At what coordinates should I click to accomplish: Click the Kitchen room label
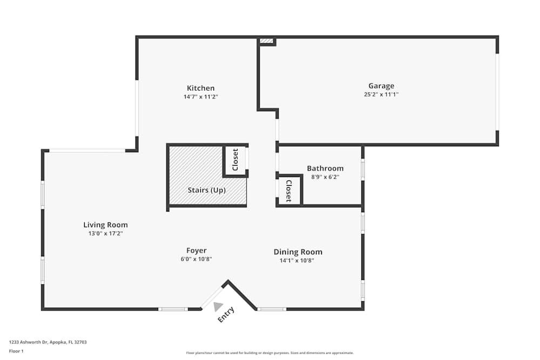pos(201,88)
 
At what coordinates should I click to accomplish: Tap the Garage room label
pos(381,85)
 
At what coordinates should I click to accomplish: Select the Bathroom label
pos(325,168)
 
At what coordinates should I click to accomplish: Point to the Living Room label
pos(105,225)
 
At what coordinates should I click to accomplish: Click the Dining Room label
pos(298,252)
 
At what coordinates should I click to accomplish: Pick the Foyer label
pos(197,250)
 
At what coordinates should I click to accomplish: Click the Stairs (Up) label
pos(207,190)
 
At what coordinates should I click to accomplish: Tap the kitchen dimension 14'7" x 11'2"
pos(201,97)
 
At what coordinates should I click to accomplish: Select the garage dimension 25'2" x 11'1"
pos(381,94)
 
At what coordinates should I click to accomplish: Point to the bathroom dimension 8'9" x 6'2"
pos(325,176)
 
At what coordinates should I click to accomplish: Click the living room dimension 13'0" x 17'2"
pos(105,233)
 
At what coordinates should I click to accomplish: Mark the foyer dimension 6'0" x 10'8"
pos(197,259)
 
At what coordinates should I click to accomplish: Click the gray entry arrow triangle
pos(218,307)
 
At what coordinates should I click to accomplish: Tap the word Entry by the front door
pos(226,315)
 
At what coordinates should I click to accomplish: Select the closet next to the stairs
pos(235,160)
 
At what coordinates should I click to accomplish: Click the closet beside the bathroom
pos(288,191)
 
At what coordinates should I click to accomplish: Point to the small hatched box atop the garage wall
pos(266,40)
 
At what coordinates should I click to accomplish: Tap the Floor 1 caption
pos(17,351)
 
